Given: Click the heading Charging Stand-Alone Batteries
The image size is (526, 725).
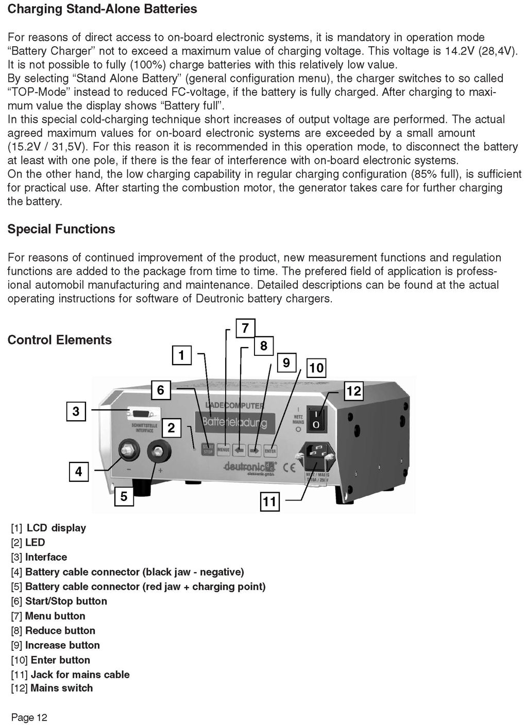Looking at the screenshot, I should pyautogui.click(x=102, y=9).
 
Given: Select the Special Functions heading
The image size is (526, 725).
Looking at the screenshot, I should pyautogui.click(x=61, y=229).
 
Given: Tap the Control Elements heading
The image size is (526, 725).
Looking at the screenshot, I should pyautogui.click(x=59, y=340).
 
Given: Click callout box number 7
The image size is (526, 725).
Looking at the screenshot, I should pyautogui.click(x=245, y=328).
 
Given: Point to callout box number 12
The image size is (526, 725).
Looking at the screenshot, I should pyautogui.click(x=353, y=391).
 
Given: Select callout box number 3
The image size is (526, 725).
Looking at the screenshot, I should pyautogui.click(x=76, y=411).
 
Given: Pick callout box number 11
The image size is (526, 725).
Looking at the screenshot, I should pyautogui.click(x=269, y=502).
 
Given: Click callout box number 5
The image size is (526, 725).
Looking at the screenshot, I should pyautogui.click(x=124, y=496).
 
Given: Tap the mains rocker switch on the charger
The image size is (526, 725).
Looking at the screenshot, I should pyautogui.click(x=317, y=418).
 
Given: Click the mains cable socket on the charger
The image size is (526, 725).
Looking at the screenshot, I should pyautogui.click(x=315, y=456).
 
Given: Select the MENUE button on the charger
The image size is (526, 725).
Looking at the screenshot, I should pyautogui.click(x=223, y=450).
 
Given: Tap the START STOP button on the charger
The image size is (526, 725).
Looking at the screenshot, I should pyautogui.click(x=208, y=450).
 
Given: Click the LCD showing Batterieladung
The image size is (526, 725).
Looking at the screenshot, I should pyautogui.click(x=234, y=423).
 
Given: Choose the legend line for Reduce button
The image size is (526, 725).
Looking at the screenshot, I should pyautogui.click(x=53, y=631).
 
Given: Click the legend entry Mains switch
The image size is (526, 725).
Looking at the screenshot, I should pyautogui.click(x=52, y=688).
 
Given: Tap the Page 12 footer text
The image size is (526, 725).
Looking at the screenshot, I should pyautogui.click(x=29, y=718).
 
